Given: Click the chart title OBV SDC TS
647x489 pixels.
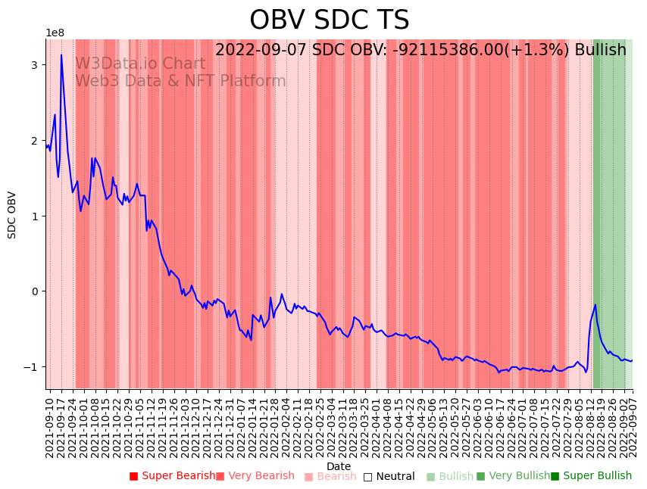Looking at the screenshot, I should pos(329,20).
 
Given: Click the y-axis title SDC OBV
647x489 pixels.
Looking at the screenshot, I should pos(12,215).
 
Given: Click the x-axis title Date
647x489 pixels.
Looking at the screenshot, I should pos(339,467).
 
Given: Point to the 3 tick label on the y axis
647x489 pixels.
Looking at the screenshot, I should pos(34,65).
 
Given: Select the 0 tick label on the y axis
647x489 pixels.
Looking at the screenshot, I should pos(34,291).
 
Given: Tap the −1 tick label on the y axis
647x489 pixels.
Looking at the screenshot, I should pos(31,367).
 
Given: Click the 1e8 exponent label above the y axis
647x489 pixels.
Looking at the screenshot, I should pos(55,33).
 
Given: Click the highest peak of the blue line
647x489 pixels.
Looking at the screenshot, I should pos(61,55).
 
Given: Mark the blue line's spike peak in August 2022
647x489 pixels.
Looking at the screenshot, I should pos(595,304).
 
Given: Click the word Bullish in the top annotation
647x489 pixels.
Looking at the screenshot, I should pos(600,50).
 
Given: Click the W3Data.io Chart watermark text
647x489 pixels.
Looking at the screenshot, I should pos(140,64).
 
